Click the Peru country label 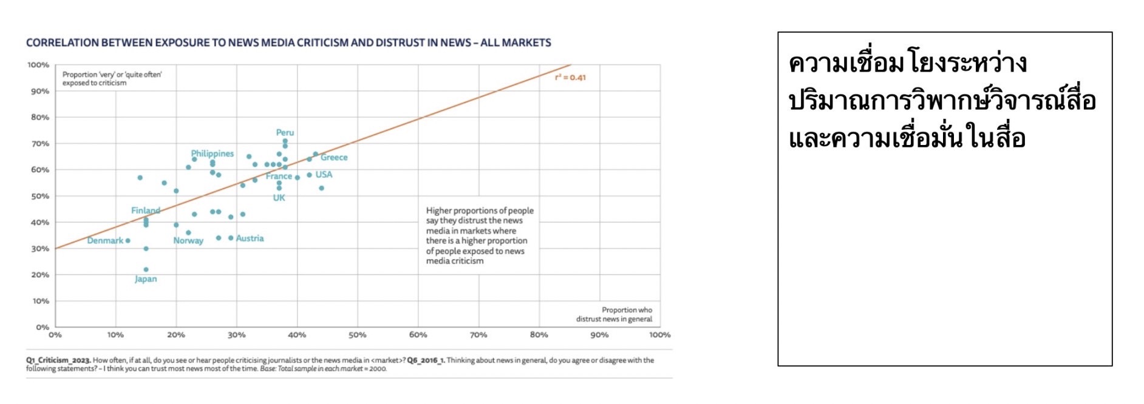tap(285, 132)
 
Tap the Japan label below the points tap(146, 279)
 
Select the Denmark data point tap(128, 241)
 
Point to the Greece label tap(334, 157)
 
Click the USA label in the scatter tap(324, 175)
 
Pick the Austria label tap(250, 238)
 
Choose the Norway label tap(188, 241)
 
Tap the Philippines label tap(212, 153)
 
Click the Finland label tap(146, 210)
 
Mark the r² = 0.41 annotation tap(570, 78)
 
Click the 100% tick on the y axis tap(38, 65)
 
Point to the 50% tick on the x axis tap(357, 335)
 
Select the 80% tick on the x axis tap(539, 335)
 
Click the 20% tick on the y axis tap(40, 275)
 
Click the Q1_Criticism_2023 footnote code tap(58, 360)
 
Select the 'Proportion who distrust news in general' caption tap(614, 314)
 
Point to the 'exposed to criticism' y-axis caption tap(95, 83)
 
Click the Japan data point tap(146, 269)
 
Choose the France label tap(278, 177)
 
